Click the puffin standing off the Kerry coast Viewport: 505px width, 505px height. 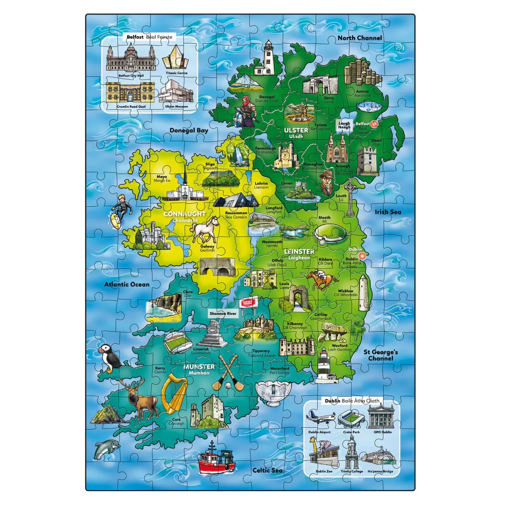click(x=109, y=358)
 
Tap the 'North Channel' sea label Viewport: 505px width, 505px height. click(x=360, y=38)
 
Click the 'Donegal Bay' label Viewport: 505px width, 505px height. click(x=189, y=130)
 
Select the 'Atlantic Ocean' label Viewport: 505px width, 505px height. click(x=127, y=284)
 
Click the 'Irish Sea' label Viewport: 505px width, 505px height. click(x=388, y=212)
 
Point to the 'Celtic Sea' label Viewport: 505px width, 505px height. click(x=267, y=470)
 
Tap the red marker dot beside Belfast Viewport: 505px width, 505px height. click(x=374, y=124)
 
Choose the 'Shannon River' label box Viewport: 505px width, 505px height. click(x=223, y=314)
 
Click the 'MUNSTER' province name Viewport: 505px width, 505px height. click(x=199, y=367)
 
